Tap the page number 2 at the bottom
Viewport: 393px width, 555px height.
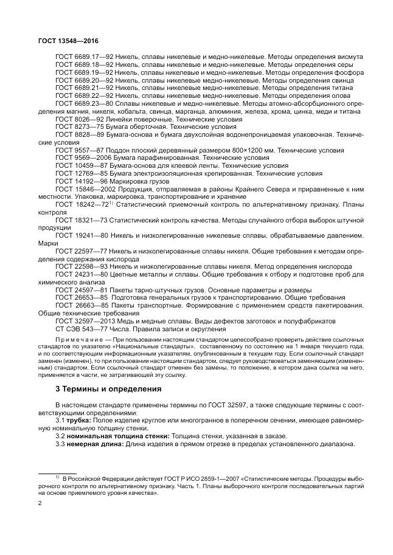pos(40,503)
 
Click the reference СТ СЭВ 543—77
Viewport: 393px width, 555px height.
pos(79,329)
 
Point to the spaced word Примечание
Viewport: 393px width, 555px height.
pos(77,339)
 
